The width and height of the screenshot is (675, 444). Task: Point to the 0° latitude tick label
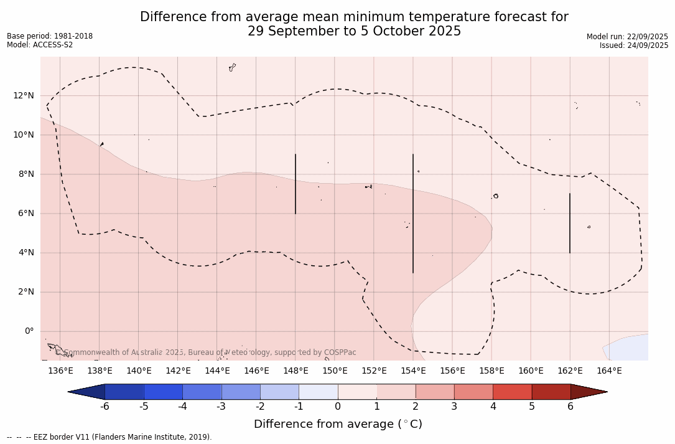[29, 331]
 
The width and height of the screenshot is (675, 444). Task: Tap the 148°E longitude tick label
[296, 371]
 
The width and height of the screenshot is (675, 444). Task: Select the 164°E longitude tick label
[609, 371]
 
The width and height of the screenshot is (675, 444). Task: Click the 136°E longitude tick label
[60, 371]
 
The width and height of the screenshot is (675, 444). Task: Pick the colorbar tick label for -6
[105, 407]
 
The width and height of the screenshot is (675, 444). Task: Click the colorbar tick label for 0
[338, 407]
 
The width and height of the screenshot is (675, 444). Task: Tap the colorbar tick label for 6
[570, 407]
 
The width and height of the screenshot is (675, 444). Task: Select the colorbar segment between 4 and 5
[512, 392]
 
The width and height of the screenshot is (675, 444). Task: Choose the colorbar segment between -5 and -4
[163, 392]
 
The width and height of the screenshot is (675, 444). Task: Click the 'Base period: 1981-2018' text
[50, 36]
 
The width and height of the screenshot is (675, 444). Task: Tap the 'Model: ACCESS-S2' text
[40, 45]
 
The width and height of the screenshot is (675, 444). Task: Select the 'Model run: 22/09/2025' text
[627, 37]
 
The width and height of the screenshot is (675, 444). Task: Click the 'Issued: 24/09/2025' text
[634, 45]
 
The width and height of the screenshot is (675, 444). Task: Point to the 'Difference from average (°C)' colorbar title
[338, 424]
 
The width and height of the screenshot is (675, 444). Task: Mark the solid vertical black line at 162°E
[570, 223]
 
